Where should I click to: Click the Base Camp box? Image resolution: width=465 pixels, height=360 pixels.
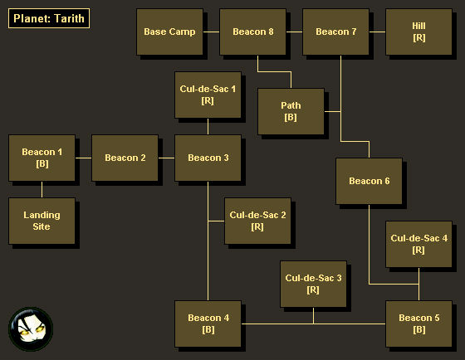click(x=169, y=32)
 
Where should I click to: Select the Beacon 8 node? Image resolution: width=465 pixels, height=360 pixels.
click(x=252, y=32)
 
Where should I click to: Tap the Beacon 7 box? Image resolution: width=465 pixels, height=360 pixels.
click(x=335, y=32)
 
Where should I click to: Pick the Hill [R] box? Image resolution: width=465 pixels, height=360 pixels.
click(x=418, y=32)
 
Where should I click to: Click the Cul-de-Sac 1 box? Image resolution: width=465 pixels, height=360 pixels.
click(x=208, y=95)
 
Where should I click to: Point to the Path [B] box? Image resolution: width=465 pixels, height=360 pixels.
click(x=291, y=111)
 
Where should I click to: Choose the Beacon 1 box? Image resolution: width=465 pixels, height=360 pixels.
click(x=42, y=158)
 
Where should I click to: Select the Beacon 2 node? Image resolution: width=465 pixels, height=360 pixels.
click(x=125, y=158)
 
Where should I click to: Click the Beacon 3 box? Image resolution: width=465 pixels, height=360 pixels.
click(x=208, y=158)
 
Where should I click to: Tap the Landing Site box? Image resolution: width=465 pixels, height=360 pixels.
click(x=42, y=221)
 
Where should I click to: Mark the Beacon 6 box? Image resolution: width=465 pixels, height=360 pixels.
click(x=369, y=181)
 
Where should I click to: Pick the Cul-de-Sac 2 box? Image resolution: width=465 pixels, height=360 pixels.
click(x=257, y=221)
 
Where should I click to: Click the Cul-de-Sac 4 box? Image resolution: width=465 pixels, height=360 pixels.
click(x=418, y=244)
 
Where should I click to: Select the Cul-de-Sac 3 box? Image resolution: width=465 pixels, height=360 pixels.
click(x=314, y=285)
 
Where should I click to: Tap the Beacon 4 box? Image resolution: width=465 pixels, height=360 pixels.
click(x=208, y=324)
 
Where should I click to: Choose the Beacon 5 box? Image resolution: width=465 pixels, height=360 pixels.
click(x=418, y=324)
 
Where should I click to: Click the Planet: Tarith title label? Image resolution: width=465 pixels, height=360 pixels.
click(x=49, y=18)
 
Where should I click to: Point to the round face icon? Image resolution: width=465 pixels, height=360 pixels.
click(x=31, y=329)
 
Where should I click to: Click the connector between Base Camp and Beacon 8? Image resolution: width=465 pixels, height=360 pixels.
click(x=212, y=32)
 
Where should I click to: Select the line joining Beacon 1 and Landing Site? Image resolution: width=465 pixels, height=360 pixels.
click(x=42, y=190)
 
